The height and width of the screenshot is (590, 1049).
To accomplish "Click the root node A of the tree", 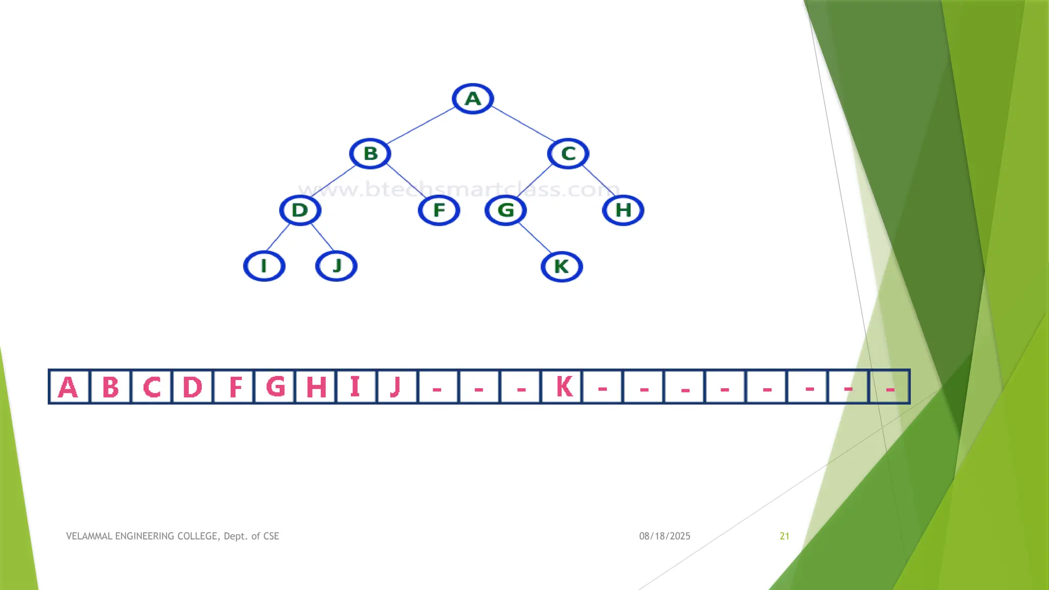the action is pos(473,98).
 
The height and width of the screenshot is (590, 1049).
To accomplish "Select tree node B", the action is pos(370,153).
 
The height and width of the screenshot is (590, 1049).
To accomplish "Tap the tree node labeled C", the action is pos(568,153).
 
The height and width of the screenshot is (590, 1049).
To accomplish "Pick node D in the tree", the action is pos(300,210).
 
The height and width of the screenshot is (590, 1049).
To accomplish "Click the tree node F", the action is pos(439,210).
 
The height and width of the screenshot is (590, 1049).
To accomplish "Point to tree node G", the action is pos(506,210).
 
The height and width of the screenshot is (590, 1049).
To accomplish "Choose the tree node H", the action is pos(623,210).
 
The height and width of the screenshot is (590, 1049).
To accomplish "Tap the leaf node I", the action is pos(264,266).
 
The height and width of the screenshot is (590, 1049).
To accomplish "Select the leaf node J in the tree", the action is pos(336,266).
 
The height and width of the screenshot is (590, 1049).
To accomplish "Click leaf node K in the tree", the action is pos(561,266).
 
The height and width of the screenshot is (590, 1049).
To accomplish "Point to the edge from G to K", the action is pos(535,238).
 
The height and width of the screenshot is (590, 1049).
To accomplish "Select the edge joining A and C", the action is pos(522,125).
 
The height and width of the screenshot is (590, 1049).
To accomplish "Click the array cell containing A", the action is pos(69,387).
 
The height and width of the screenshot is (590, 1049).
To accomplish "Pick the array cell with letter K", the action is pos(562,387).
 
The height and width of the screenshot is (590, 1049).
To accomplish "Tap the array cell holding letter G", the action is pos(275,387).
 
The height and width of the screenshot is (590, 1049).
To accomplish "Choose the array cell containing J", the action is pos(396,387).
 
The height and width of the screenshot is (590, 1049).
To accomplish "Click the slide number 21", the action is pos(784,536).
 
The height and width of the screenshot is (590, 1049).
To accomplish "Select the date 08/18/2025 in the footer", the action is pos(664,536).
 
